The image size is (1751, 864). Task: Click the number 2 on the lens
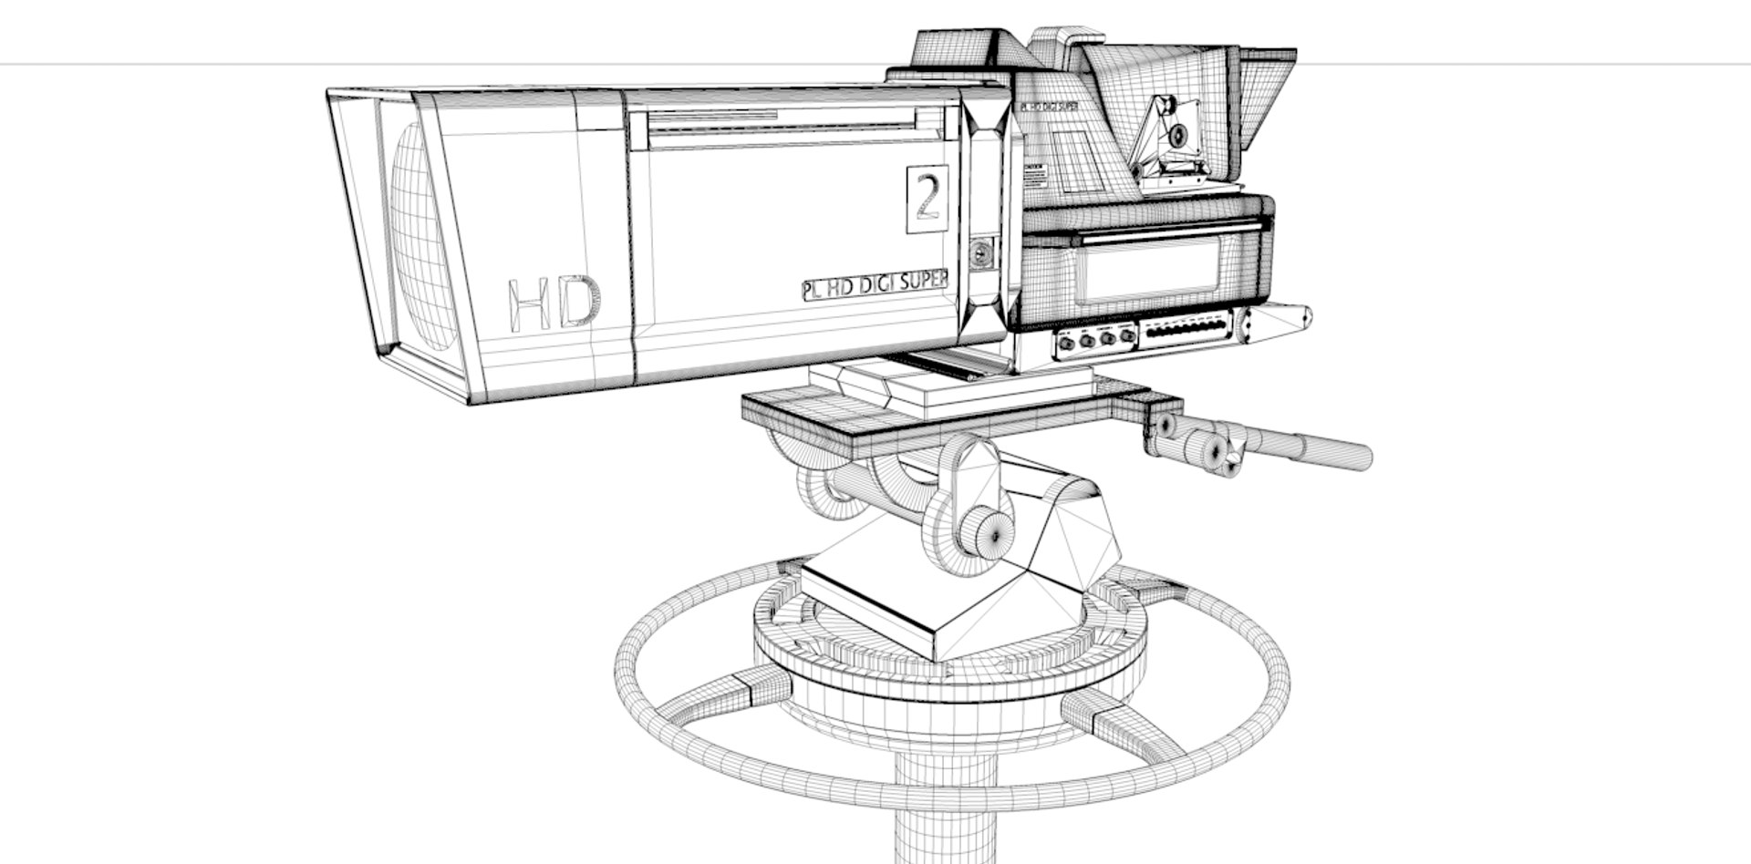pyautogui.click(x=927, y=199)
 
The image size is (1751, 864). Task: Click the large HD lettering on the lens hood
pyautogui.click(x=554, y=303)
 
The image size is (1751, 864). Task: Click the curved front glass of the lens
pyautogui.click(x=421, y=237)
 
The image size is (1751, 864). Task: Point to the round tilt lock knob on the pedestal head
pyautogui.click(x=989, y=531)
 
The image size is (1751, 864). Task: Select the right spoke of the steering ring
pyautogui.click(x=1122, y=720)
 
